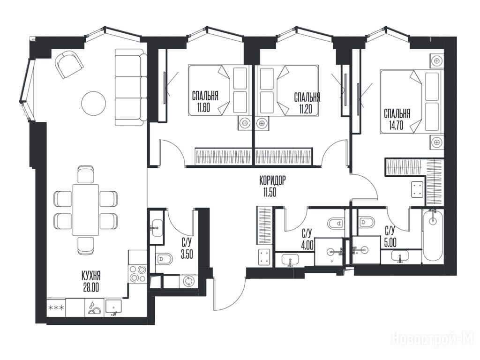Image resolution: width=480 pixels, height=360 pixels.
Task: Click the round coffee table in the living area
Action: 94,103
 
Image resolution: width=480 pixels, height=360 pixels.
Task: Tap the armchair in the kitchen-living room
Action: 69,64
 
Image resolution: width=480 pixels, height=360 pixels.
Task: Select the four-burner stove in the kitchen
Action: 137,273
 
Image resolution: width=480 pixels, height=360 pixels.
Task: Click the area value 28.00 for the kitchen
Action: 90,288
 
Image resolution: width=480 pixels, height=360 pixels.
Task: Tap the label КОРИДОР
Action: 272,180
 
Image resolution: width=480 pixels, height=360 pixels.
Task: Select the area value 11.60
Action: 203,108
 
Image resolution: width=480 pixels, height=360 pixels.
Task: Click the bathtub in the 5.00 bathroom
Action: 433,236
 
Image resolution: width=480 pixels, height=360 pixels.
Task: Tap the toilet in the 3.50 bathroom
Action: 165,260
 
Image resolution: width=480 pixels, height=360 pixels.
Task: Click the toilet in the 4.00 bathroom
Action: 336,224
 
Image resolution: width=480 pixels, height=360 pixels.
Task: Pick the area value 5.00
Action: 390,242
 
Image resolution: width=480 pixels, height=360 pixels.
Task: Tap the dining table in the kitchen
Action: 85,210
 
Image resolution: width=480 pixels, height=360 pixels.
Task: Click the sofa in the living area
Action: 130,87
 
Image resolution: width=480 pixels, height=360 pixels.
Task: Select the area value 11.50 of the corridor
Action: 270,193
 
